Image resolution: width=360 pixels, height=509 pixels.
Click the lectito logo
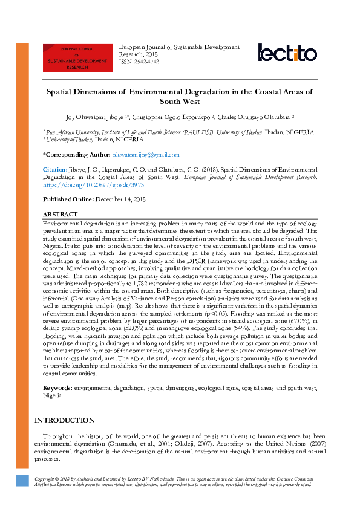pos(287,53)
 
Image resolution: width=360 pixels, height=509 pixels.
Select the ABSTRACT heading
pos(61,215)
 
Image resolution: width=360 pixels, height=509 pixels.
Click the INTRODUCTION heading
pos(65,420)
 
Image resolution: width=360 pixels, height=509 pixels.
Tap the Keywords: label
pos(57,387)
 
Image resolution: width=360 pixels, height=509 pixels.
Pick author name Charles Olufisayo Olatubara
pos(255,117)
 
